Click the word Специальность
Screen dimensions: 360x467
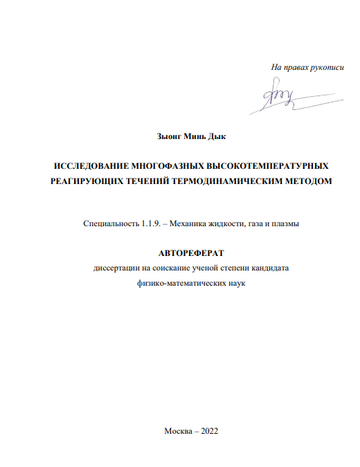[x=109, y=224]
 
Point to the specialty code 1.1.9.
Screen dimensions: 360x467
[x=150, y=224]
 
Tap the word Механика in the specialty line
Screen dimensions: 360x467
[x=195, y=224]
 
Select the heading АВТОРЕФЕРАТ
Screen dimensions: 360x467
[x=192, y=254]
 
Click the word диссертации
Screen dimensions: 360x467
[x=118, y=268]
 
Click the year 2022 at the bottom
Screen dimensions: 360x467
[x=208, y=430]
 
